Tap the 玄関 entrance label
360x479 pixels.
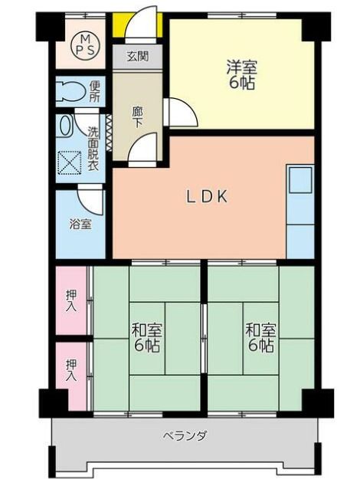[138, 57]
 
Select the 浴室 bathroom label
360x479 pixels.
[80, 225]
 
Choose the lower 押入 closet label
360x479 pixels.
[71, 371]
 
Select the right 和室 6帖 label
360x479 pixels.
[261, 338]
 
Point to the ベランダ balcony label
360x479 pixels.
[185, 436]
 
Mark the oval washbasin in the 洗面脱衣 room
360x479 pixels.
[65, 124]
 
